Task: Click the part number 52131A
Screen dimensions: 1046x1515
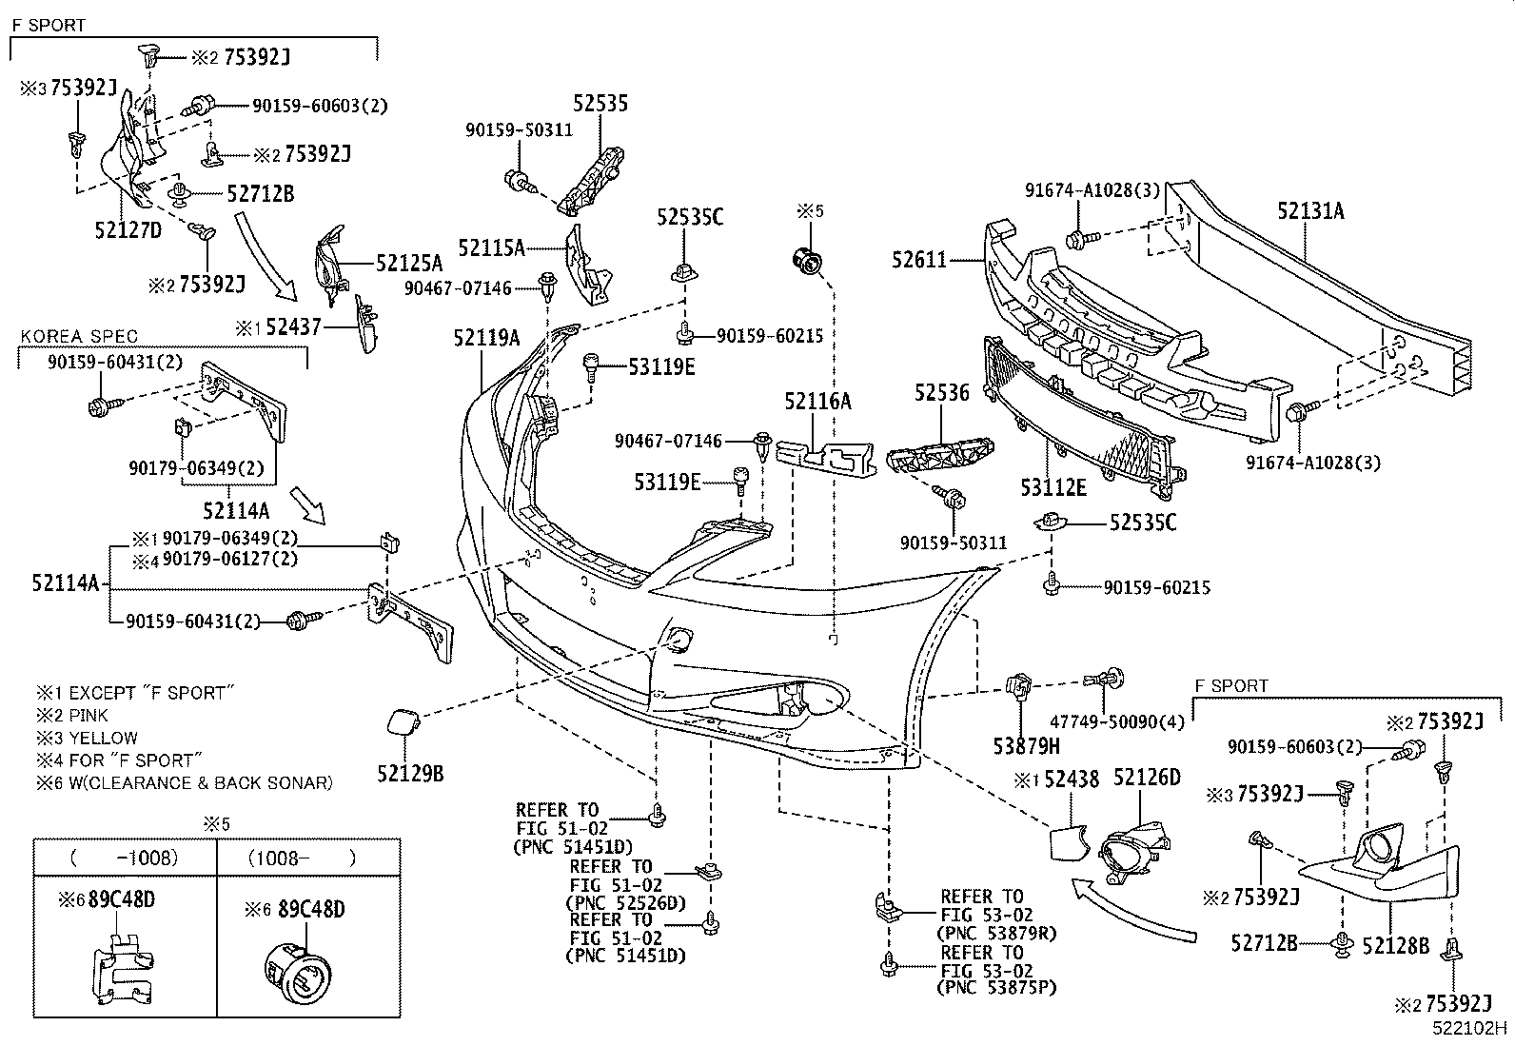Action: tap(1310, 211)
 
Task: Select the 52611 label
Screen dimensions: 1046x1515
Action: tap(919, 259)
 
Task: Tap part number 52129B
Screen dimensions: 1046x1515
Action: tap(410, 774)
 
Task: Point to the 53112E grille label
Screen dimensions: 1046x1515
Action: tap(1053, 488)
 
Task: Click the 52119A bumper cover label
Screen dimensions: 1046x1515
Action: tap(486, 337)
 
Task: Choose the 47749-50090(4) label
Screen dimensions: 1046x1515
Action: tap(1117, 722)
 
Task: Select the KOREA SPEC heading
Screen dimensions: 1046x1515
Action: tap(79, 336)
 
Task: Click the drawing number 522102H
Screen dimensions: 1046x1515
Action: tap(1472, 1028)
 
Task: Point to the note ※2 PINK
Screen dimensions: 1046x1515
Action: tap(72, 715)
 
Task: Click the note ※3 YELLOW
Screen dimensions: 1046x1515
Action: tap(87, 738)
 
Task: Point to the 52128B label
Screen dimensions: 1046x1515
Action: tap(1395, 945)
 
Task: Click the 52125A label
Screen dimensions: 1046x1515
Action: tap(409, 264)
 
